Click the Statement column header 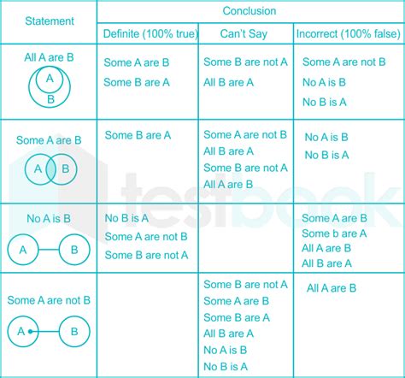coord(49,20)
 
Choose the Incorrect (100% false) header coord(345,33)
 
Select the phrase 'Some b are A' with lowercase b coord(334,233)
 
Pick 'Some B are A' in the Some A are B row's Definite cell coord(138,135)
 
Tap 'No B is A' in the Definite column coord(124,218)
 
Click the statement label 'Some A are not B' coord(49,300)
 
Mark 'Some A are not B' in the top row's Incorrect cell coord(343,62)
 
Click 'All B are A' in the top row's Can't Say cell coord(228,82)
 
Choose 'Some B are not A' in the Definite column coord(147,255)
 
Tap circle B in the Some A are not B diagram coord(73,331)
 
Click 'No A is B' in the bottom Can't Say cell coord(226,350)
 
